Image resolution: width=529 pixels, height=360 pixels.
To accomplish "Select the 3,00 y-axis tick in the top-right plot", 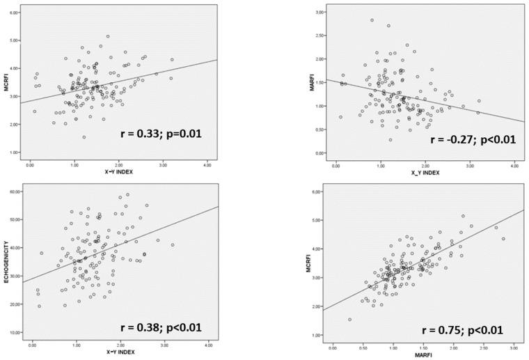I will point(319,13).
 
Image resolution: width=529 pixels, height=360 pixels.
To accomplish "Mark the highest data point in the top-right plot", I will point(372,20).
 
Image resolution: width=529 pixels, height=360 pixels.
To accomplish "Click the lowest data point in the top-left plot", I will point(84,137).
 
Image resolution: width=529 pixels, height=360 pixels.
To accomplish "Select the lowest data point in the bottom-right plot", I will point(350,320).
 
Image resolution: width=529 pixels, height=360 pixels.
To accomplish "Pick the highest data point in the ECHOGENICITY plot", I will point(127,195).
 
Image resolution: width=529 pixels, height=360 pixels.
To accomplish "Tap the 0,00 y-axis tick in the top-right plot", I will point(319,152).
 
